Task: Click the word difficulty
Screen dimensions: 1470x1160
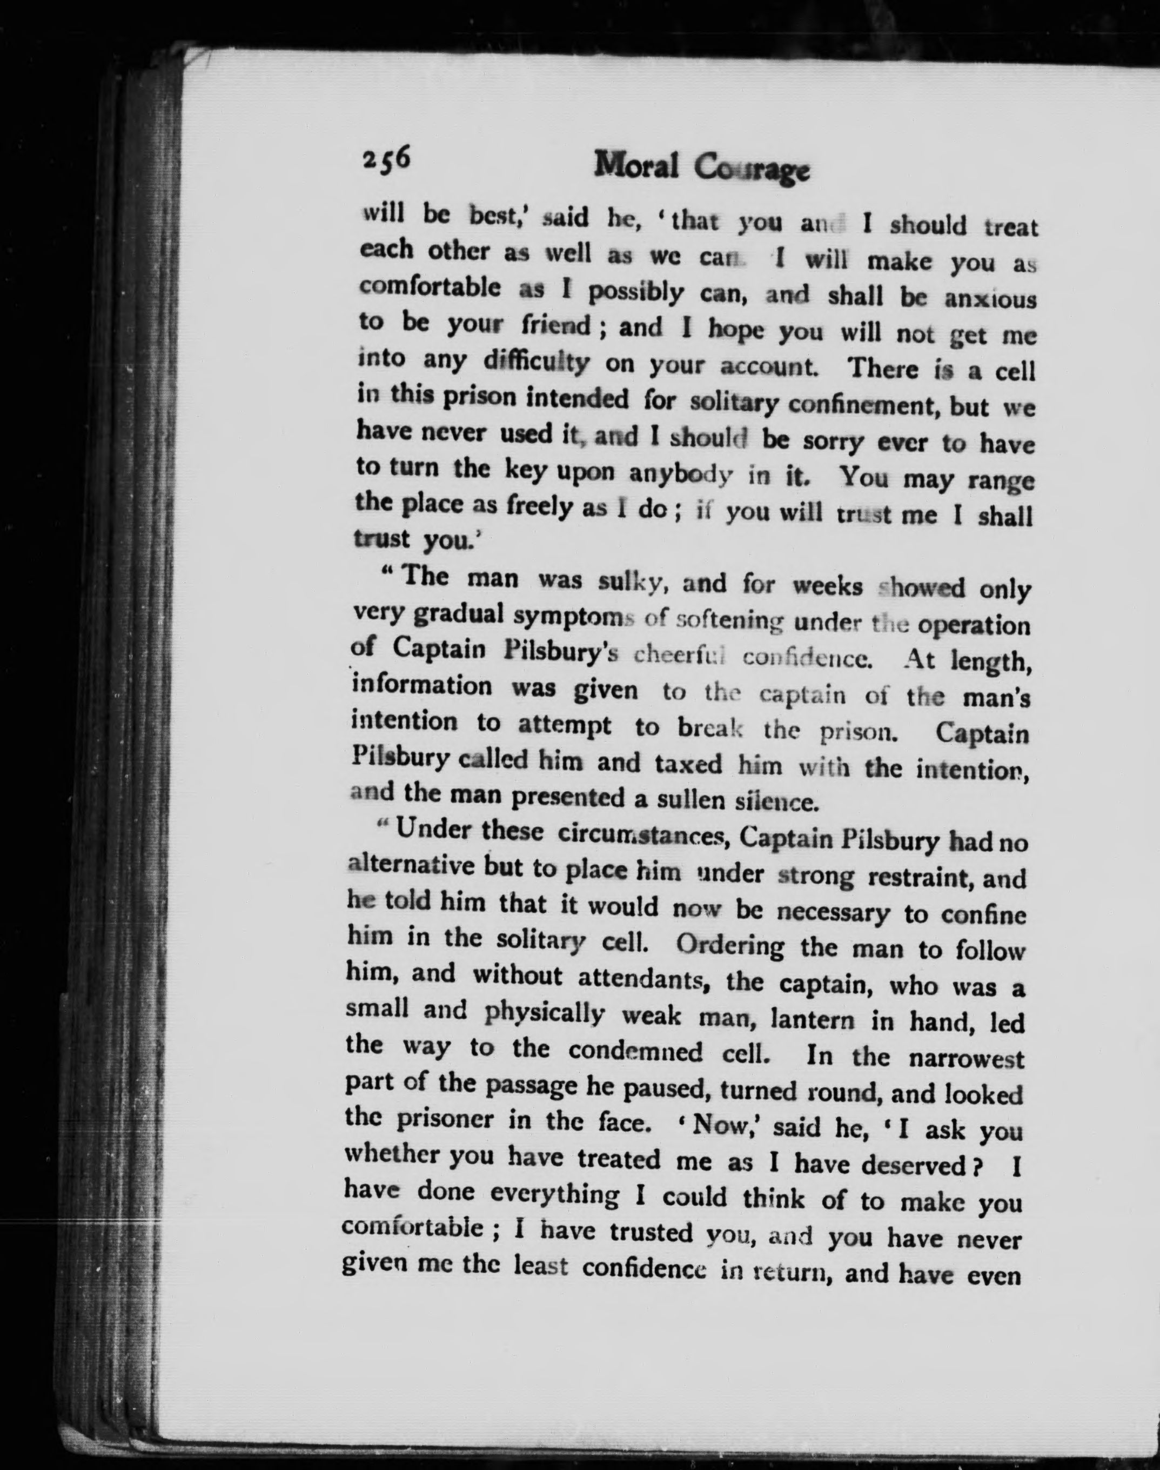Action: coord(536,362)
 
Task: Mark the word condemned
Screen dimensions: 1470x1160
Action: coord(636,1052)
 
